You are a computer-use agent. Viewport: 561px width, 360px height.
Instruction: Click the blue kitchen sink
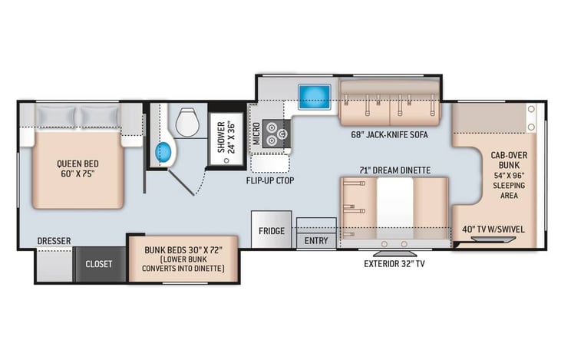(315, 97)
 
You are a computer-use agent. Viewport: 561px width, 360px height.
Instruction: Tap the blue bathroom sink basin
(163, 152)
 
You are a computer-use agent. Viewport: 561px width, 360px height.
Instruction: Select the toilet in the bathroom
(187, 122)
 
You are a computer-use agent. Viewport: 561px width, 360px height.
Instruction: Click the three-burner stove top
(276, 134)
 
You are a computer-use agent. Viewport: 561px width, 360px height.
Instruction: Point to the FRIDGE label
(272, 231)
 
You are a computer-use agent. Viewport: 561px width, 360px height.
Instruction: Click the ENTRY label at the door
(316, 240)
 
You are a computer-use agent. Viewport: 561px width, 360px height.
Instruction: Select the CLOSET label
(99, 264)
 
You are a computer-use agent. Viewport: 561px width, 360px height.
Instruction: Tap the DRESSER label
(54, 241)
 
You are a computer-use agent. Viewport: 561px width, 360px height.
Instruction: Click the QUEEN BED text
(78, 164)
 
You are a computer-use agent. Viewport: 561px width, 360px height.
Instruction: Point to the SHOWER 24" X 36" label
(226, 137)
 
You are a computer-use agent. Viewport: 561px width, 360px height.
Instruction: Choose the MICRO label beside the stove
(256, 134)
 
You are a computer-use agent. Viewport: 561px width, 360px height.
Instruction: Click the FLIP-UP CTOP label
(270, 180)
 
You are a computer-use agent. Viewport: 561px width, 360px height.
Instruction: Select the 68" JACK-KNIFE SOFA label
(389, 135)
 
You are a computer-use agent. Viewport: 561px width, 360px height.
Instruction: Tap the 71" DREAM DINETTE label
(395, 170)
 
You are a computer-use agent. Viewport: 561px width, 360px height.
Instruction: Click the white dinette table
(395, 208)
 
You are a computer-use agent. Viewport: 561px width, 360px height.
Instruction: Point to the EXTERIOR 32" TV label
(394, 264)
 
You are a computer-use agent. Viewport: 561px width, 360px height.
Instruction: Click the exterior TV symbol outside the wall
(395, 254)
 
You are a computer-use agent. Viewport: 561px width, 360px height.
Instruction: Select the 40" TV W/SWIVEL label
(493, 230)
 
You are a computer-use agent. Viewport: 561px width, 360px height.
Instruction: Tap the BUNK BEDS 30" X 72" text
(183, 249)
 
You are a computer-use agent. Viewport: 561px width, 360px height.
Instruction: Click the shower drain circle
(226, 160)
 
